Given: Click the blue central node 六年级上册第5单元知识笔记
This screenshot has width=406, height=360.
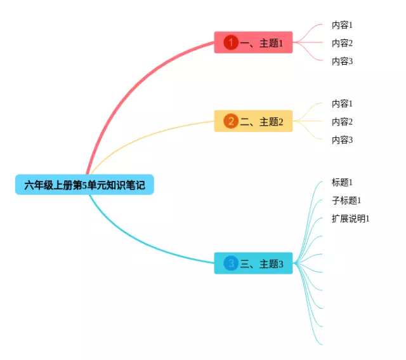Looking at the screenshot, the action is pyautogui.click(x=84, y=185).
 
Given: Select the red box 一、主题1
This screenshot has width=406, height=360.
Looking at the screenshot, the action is pyautogui.click(x=253, y=43).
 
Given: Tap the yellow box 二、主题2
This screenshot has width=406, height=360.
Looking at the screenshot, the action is pyautogui.click(x=253, y=121).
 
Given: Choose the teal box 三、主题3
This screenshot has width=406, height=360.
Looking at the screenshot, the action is pyautogui.click(x=253, y=263).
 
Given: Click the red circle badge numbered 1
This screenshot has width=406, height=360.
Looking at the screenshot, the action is pyautogui.click(x=231, y=43).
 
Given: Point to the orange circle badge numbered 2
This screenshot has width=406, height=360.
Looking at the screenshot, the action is pyautogui.click(x=231, y=121).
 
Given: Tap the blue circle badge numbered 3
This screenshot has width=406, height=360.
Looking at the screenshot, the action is pyautogui.click(x=231, y=263).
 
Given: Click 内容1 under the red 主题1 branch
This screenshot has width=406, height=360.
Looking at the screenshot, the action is pyautogui.click(x=342, y=25).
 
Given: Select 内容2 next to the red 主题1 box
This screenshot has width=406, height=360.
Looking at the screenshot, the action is pyautogui.click(x=342, y=43).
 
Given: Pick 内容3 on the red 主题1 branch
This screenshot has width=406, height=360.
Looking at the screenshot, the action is pyautogui.click(x=342, y=62).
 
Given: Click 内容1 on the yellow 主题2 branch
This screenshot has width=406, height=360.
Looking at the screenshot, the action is pyautogui.click(x=342, y=103).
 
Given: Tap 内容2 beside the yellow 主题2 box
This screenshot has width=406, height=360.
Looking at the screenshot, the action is pyautogui.click(x=342, y=122).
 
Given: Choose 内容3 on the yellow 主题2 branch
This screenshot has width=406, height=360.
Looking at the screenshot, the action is pyautogui.click(x=342, y=140).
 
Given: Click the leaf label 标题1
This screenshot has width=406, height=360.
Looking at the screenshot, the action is pyautogui.click(x=342, y=182).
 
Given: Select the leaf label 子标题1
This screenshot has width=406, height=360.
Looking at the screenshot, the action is pyautogui.click(x=346, y=201).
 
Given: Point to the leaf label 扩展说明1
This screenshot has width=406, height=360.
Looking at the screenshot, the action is pyautogui.click(x=351, y=218).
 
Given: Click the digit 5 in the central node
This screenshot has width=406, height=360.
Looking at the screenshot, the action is pyautogui.click(x=84, y=185).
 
